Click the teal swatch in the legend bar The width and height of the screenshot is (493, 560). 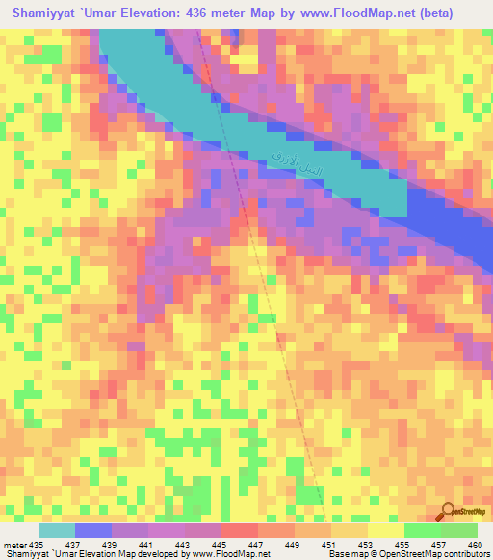pyautogui.click(x=57, y=530)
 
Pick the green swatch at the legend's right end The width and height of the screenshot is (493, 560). pyautogui.click(x=458, y=530)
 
